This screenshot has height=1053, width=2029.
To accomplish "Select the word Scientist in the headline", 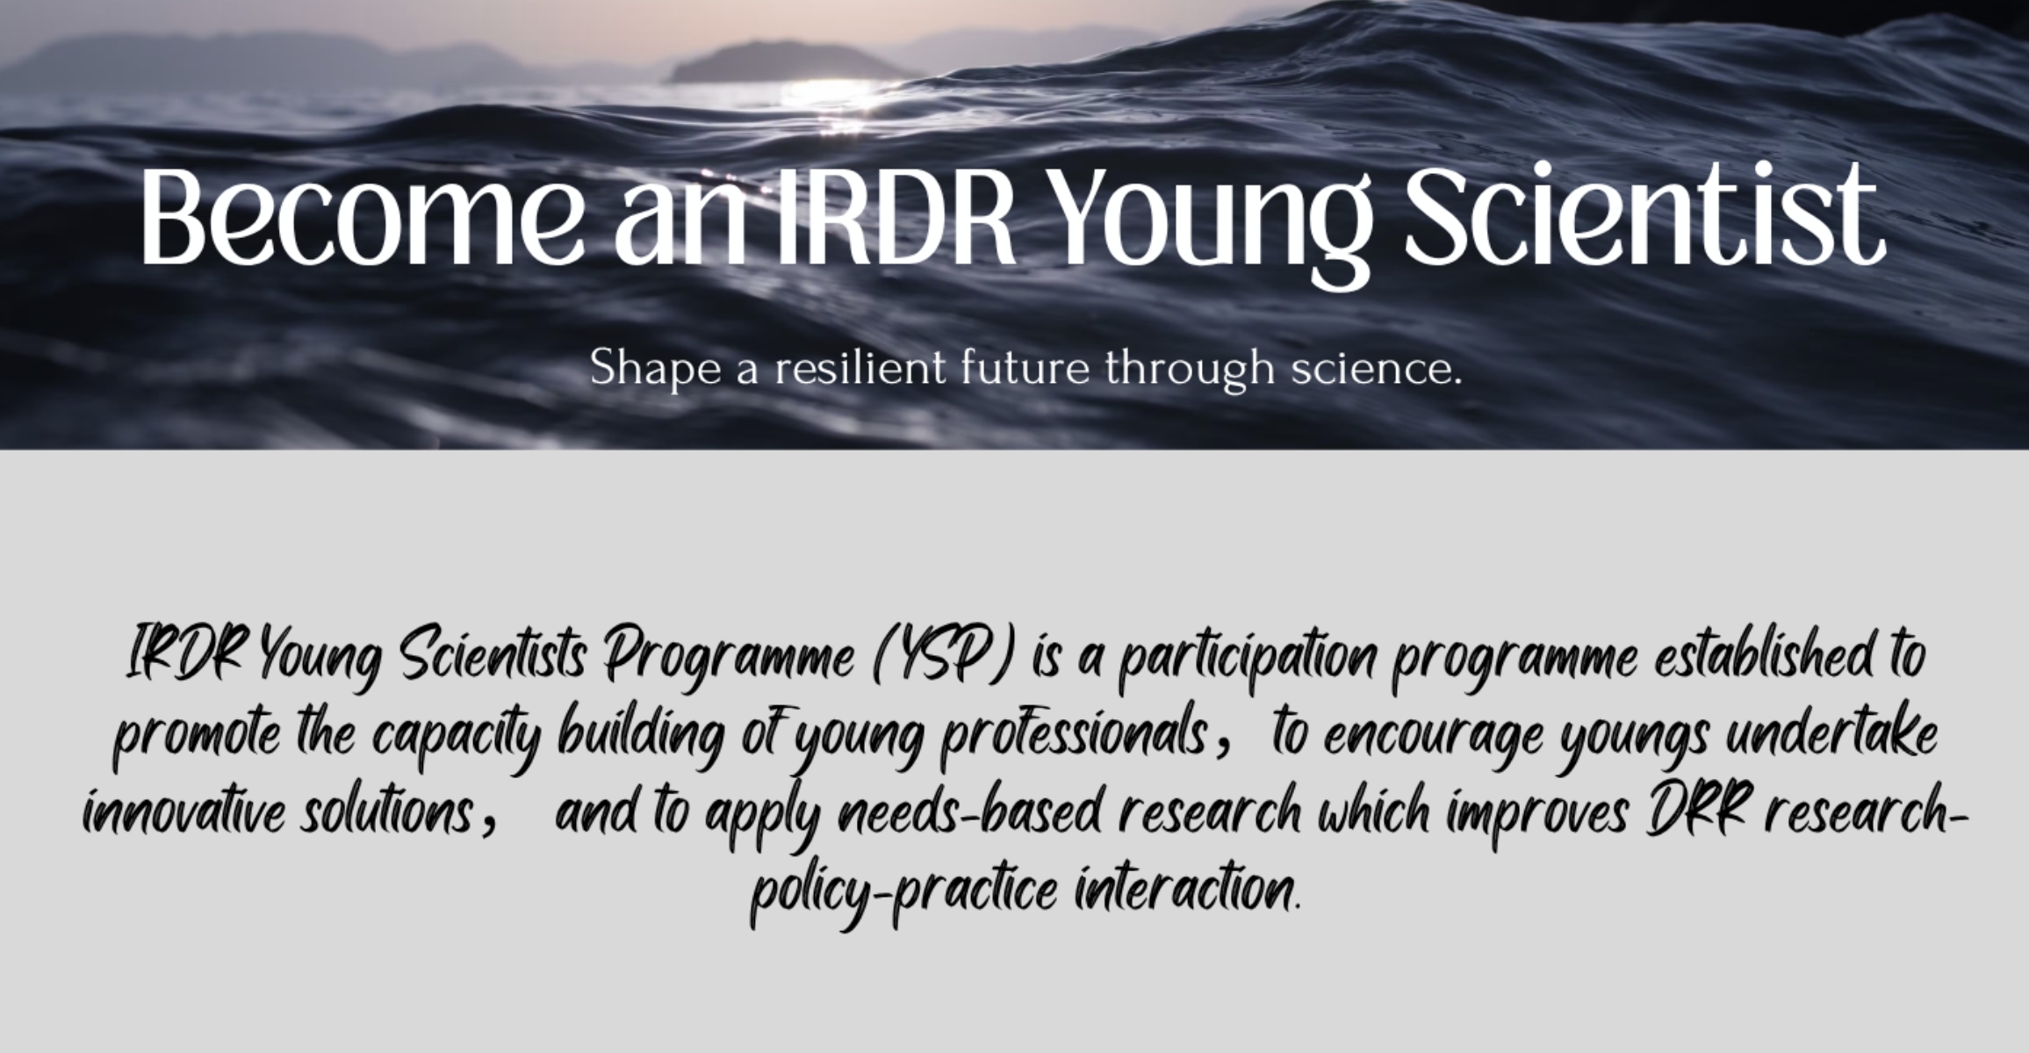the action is [1644, 216].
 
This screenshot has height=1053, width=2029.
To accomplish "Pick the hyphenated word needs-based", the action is [969, 813].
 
